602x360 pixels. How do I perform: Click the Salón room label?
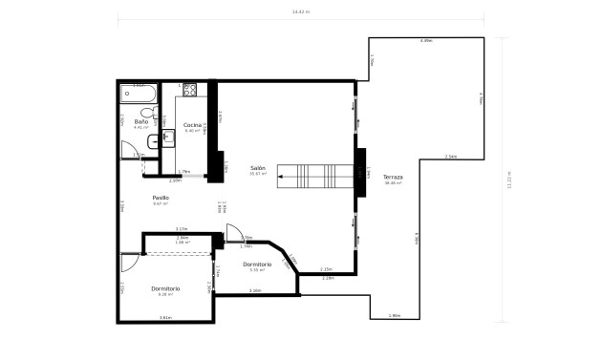tap(257, 167)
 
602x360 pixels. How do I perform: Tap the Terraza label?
tap(393, 178)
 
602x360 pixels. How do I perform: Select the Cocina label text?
tap(192, 125)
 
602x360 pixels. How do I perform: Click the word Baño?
tap(140, 121)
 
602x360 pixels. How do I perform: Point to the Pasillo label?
tap(161, 198)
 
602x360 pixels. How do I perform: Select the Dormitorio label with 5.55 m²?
tap(257, 264)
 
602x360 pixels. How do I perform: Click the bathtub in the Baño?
tap(140, 94)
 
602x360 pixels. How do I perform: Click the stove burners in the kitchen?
tap(189, 91)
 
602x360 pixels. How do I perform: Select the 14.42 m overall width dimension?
tap(301, 11)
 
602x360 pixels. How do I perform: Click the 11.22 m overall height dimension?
tap(509, 180)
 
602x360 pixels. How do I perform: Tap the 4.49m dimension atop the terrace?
tap(426, 41)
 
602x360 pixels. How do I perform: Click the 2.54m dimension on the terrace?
tap(451, 157)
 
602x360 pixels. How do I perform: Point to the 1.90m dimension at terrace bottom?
tap(395, 315)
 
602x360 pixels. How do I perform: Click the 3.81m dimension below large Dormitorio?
tap(164, 317)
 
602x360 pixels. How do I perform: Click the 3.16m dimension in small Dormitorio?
tap(255, 290)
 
